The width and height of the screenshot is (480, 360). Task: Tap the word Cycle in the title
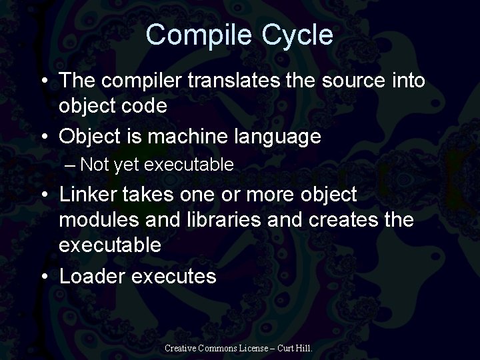point(299,35)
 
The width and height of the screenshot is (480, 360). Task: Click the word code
point(147,105)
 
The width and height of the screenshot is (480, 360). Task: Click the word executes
point(177,276)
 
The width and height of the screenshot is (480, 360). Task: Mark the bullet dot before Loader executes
point(43,276)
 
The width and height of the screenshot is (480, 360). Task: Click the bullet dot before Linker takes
point(43,195)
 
